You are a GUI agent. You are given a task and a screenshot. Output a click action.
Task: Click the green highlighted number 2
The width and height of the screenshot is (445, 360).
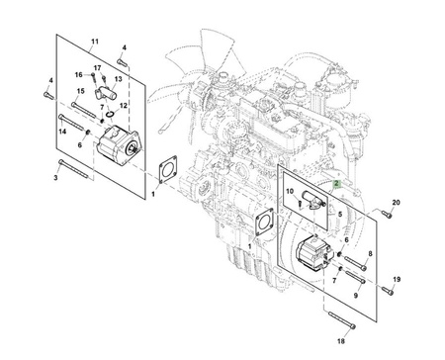[336, 184]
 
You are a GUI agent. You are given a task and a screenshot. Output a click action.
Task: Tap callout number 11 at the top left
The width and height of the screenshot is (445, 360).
[95, 42]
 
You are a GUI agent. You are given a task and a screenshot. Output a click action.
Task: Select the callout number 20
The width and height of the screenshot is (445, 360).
[396, 203]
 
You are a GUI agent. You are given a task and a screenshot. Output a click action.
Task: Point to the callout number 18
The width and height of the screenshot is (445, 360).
[341, 341]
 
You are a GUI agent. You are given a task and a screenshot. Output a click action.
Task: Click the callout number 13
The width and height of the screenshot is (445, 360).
[118, 79]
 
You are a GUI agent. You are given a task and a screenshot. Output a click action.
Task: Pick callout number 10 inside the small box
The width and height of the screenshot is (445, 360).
[290, 191]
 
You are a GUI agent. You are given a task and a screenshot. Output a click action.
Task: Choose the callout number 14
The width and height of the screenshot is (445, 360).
[62, 132]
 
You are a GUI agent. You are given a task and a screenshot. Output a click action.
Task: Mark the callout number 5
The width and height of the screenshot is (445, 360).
[340, 215]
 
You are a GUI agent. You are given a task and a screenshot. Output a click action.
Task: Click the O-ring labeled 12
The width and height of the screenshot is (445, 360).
[111, 114]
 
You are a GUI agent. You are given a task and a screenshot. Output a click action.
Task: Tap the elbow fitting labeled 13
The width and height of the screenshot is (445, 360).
[107, 92]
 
